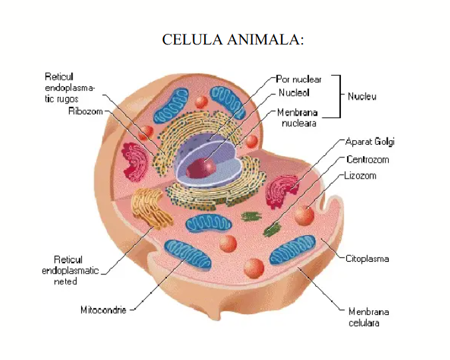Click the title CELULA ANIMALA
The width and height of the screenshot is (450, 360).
point(233,39)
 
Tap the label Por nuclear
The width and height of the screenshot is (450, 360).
point(298,79)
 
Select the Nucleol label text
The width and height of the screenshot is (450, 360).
point(294,93)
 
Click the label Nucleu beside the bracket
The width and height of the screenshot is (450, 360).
point(362,96)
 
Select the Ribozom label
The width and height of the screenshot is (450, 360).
point(85,111)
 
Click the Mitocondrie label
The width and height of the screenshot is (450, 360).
point(103,310)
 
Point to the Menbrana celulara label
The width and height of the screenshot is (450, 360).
point(368,317)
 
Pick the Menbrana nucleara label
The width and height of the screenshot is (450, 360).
point(298,118)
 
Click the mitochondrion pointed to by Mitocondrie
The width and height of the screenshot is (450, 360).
point(189,255)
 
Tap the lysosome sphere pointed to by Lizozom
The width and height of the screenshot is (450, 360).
point(304,215)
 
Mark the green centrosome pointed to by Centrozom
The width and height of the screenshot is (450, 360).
point(271,230)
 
